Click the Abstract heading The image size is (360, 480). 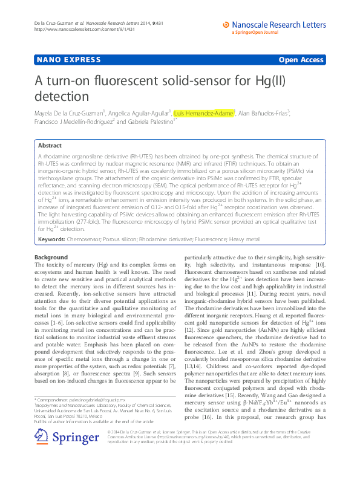coord(50,146)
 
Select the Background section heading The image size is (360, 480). coord(51,257)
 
